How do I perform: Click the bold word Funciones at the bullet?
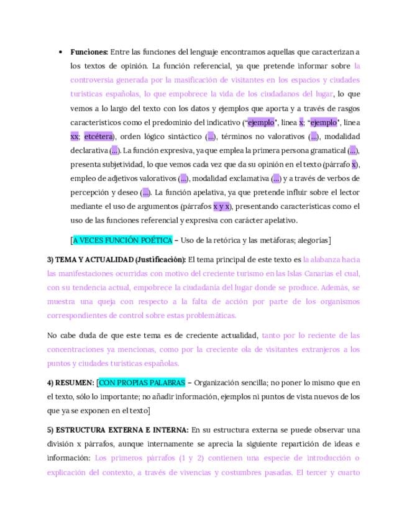tap(89, 52)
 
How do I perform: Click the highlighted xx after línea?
tap(75, 136)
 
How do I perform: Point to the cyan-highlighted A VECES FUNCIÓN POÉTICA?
tap(122, 240)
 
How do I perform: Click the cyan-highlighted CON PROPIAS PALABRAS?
tap(142, 383)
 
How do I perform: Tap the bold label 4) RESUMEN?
tap(70, 383)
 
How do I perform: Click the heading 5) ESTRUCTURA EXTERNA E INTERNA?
tap(117, 429)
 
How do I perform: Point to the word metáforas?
tap(270, 240)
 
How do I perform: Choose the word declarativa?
tap(89, 150)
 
